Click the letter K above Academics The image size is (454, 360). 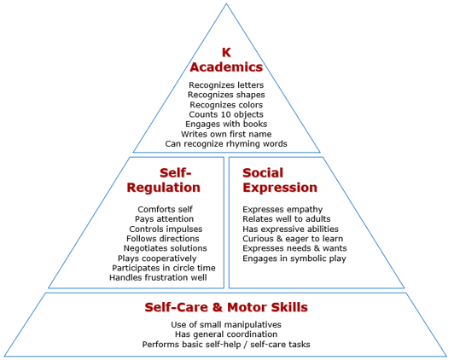[x=226, y=53]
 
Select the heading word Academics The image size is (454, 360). [x=226, y=67]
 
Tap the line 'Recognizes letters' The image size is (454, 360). [x=226, y=85]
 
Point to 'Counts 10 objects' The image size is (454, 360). [x=226, y=114]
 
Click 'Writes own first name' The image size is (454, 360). [x=226, y=134]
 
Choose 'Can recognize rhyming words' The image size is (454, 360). [x=226, y=144]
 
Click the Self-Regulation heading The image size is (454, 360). [x=164, y=180]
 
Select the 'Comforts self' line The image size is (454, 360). [x=165, y=209]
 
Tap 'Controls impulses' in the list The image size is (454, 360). [x=166, y=229]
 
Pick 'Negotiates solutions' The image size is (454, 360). [x=165, y=248]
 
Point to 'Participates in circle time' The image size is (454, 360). [x=164, y=268]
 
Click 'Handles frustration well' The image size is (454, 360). [x=158, y=277]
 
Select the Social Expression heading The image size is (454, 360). [x=280, y=180]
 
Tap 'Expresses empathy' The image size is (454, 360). [x=282, y=209]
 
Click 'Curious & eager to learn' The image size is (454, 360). [x=293, y=239]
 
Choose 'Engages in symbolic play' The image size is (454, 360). [x=294, y=258]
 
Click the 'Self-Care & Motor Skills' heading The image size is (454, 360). [x=226, y=307]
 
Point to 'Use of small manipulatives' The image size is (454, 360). [x=226, y=325]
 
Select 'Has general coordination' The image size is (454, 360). [x=226, y=334]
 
